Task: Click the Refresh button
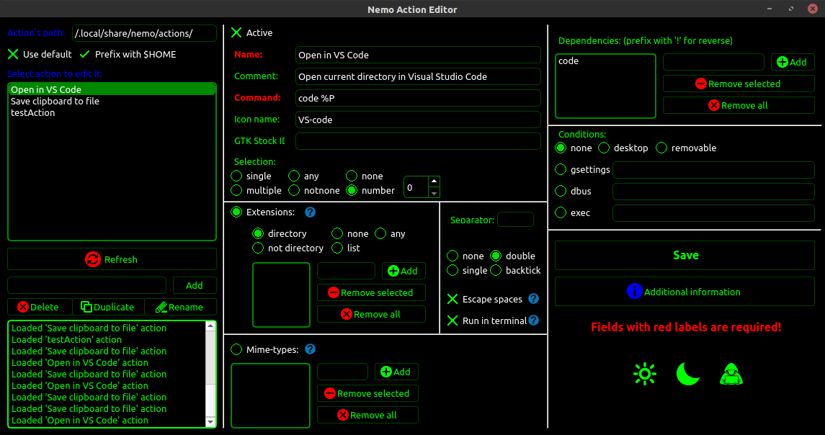click(112, 259)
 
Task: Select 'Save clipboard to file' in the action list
click(55, 102)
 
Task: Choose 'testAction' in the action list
click(33, 113)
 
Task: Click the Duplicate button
click(107, 307)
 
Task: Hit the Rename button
click(180, 307)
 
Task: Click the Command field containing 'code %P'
click(418, 98)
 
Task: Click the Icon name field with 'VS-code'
click(418, 120)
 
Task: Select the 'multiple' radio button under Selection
click(236, 191)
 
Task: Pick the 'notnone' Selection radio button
click(294, 191)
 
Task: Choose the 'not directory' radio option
click(258, 248)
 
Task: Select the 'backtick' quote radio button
click(496, 271)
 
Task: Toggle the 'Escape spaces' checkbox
click(452, 299)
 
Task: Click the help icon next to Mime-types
click(311, 349)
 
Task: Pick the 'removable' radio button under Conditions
click(661, 148)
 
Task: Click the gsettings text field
click(713, 170)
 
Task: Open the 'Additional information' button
click(684, 292)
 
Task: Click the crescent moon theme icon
click(688, 374)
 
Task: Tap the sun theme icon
click(645, 374)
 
